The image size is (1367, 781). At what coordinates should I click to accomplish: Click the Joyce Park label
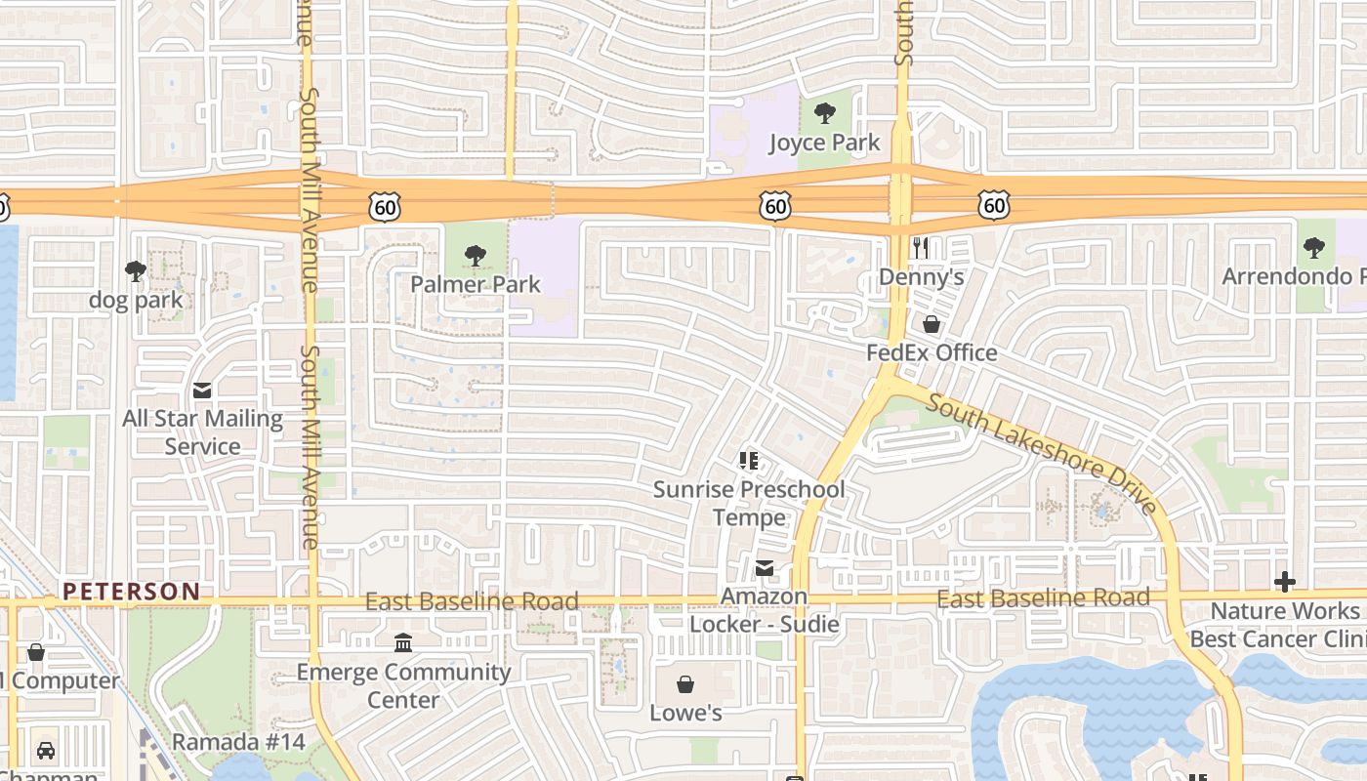pyautogui.click(x=824, y=143)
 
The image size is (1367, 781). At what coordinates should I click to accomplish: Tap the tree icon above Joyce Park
pyautogui.click(x=824, y=113)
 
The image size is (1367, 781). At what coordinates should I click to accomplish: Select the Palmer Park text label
pyautogui.click(x=475, y=284)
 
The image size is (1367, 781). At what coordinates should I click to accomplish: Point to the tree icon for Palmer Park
pyautogui.click(x=475, y=256)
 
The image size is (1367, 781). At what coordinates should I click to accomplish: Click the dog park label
pyautogui.click(x=136, y=300)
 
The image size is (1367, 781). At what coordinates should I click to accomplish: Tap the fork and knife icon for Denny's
pyautogui.click(x=920, y=248)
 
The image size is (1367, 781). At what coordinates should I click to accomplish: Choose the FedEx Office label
pyautogui.click(x=932, y=352)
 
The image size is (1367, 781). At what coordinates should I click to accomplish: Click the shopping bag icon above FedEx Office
pyautogui.click(x=932, y=324)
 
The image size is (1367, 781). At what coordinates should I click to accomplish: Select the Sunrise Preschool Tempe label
pyautogui.click(x=749, y=503)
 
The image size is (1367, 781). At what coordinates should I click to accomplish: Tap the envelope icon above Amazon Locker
pyautogui.click(x=764, y=567)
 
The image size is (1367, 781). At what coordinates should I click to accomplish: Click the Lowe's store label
pyautogui.click(x=685, y=713)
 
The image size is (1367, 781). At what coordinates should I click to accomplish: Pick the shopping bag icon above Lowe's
pyautogui.click(x=685, y=684)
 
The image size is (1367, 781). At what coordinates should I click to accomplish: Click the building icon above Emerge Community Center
pyautogui.click(x=403, y=642)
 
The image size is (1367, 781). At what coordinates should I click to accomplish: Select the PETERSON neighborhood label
pyautogui.click(x=131, y=592)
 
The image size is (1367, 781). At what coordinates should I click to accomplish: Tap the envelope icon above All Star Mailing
pyautogui.click(x=202, y=390)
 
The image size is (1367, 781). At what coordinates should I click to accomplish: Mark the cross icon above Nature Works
pyautogui.click(x=1284, y=583)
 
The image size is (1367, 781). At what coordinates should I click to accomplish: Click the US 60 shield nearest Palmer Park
pyautogui.click(x=385, y=206)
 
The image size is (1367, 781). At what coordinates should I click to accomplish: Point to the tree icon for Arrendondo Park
pyautogui.click(x=1314, y=248)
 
